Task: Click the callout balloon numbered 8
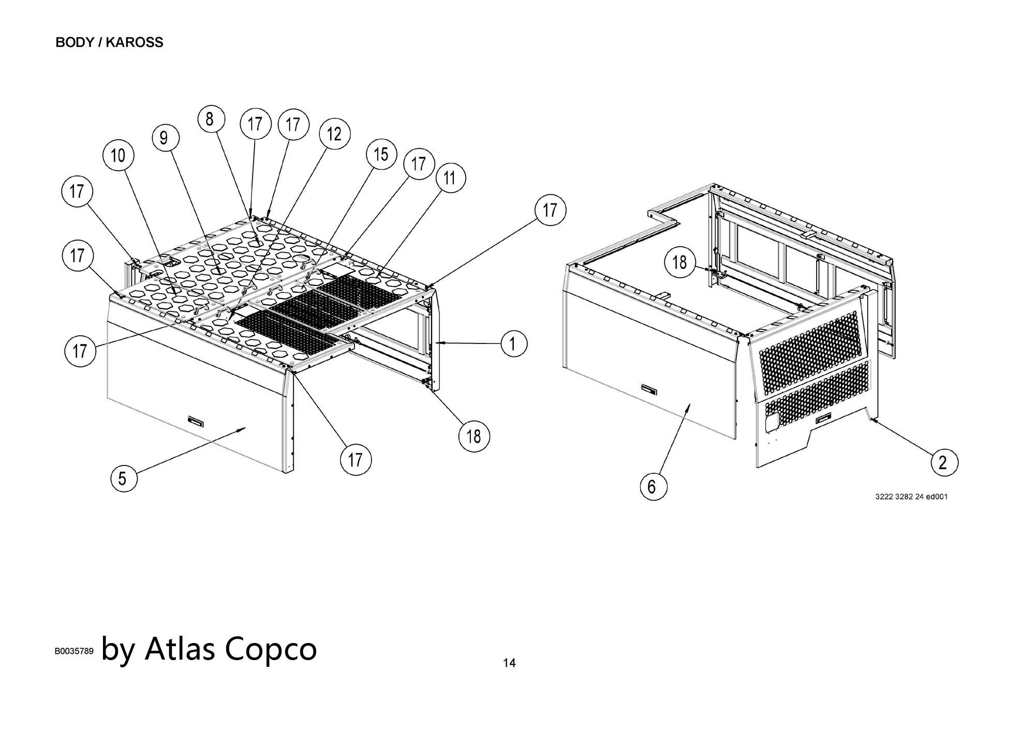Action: click(211, 119)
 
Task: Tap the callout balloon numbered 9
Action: click(166, 138)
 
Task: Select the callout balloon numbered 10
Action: click(119, 155)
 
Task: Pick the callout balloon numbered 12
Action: click(334, 134)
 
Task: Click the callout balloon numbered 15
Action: click(381, 154)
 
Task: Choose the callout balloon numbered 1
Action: click(513, 343)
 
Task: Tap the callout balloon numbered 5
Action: click(123, 478)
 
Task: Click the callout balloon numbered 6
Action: click(653, 487)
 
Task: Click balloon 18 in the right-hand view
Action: click(679, 262)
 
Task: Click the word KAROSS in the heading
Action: click(135, 42)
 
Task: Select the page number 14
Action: click(509, 663)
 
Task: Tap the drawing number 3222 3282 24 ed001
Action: click(911, 497)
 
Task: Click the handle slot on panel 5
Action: click(195, 421)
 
